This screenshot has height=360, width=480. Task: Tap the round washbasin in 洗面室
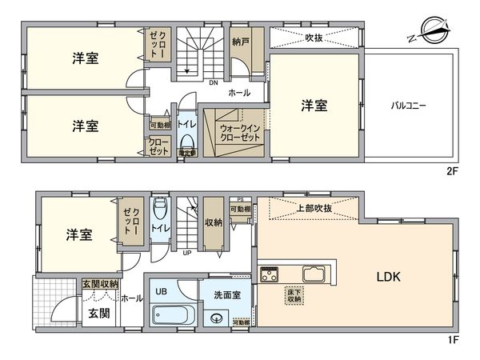(215, 318)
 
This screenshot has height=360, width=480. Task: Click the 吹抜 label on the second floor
(314, 37)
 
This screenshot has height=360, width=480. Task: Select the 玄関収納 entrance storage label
(99, 283)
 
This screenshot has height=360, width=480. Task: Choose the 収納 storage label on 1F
(213, 223)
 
